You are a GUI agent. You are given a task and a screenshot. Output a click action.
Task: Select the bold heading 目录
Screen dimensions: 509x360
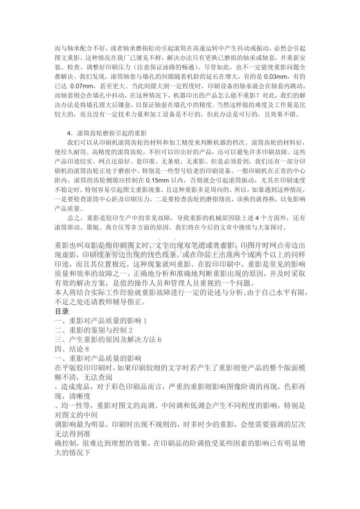[x=62, y=312]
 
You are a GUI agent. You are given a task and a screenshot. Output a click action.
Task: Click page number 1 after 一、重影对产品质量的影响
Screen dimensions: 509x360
[x=145, y=321]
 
